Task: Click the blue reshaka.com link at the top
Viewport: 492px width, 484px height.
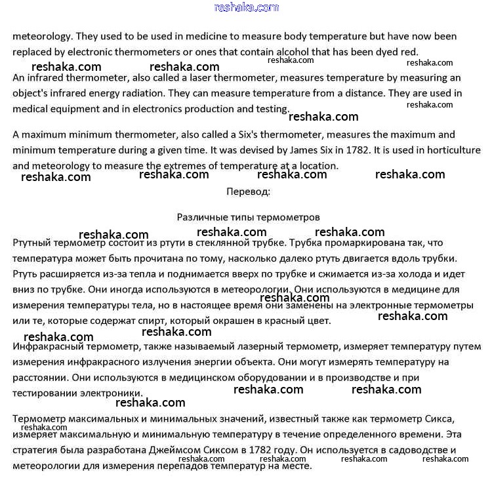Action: (246, 7)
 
